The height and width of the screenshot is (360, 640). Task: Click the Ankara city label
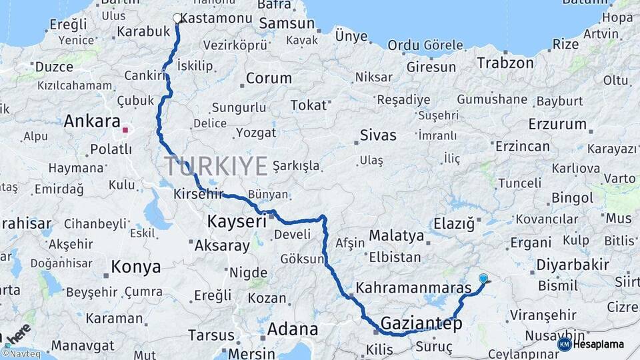click(92, 122)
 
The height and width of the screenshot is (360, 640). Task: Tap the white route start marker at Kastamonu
click(177, 19)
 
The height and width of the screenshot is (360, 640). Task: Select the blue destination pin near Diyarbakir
click(483, 279)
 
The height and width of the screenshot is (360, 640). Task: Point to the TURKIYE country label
click(217, 165)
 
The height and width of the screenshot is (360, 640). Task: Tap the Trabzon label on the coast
click(505, 63)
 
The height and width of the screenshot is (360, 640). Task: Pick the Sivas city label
click(378, 135)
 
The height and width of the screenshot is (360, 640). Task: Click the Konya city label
click(136, 267)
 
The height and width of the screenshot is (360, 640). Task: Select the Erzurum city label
click(557, 124)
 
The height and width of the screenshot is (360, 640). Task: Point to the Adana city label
click(293, 329)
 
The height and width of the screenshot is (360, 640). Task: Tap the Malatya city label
click(397, 235)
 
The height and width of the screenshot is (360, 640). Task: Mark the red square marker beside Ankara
click(125, 129)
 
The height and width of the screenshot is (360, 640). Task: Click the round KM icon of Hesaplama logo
click(564, 344)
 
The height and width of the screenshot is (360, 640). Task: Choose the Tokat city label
click(309, 105)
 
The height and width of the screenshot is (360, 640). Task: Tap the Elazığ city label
click(454, 224)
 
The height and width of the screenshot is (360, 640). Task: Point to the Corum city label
click(269, 78)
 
